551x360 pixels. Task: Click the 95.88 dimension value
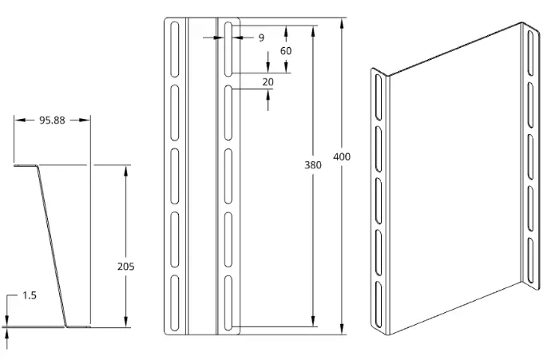52,120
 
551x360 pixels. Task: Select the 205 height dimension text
126,267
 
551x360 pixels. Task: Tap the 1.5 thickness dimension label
30,295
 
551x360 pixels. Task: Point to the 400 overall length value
342,156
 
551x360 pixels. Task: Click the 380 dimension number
313,164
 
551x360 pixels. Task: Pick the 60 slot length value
286,51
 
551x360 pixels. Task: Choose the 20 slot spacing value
268,82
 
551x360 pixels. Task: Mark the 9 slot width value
261,38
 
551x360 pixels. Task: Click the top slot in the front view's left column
174,49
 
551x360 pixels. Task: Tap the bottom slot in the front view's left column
174,303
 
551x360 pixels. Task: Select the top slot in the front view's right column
228,49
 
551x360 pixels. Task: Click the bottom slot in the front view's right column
228,303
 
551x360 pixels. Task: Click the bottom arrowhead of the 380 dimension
313,321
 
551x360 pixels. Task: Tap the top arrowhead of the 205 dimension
126,170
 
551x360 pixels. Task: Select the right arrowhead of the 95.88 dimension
85,120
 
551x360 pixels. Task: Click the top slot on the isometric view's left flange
379,97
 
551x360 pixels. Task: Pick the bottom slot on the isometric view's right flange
530,260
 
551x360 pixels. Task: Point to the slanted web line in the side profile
52,246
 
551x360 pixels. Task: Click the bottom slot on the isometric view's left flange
379,304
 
